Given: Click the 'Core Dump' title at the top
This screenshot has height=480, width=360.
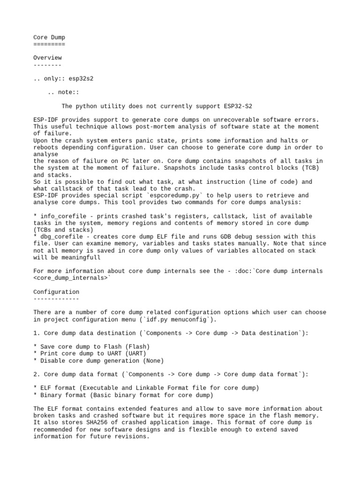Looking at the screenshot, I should click(49, 37).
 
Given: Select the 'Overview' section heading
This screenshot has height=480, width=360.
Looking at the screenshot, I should click(47, 58).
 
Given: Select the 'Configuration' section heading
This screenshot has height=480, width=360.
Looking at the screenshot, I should click(56, 292).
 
